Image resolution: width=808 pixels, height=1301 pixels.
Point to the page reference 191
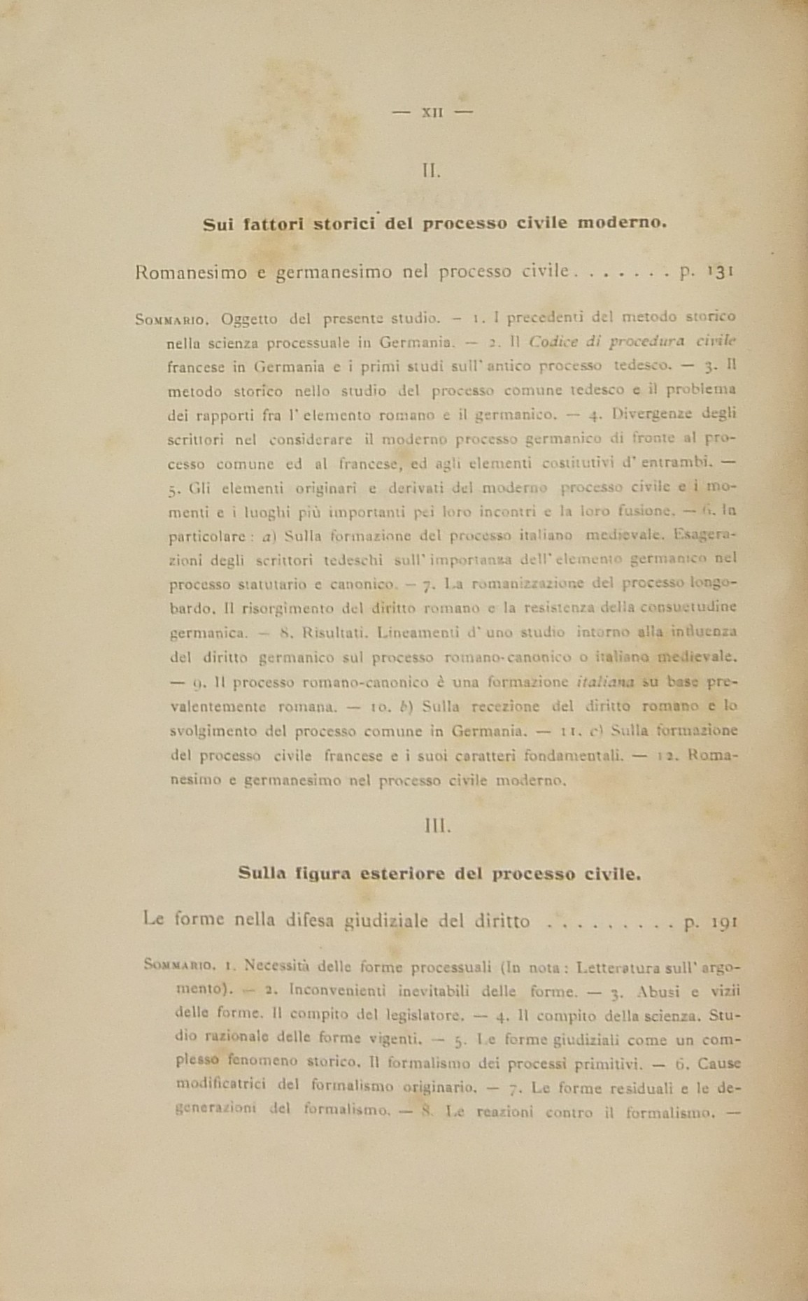(722, 921)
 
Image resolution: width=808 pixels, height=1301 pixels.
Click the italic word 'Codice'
(553, 342)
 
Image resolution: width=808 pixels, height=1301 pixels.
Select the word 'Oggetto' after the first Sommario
(249, 319)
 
